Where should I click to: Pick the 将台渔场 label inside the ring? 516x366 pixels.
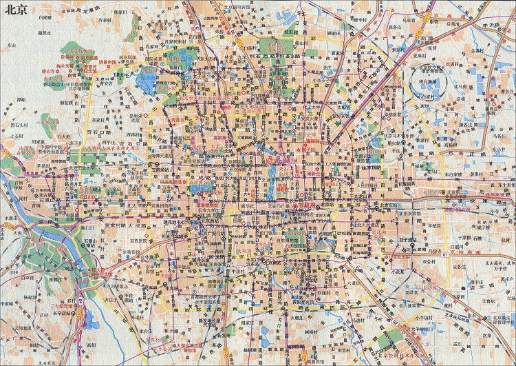pyautogui.click(x=431, y=81)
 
